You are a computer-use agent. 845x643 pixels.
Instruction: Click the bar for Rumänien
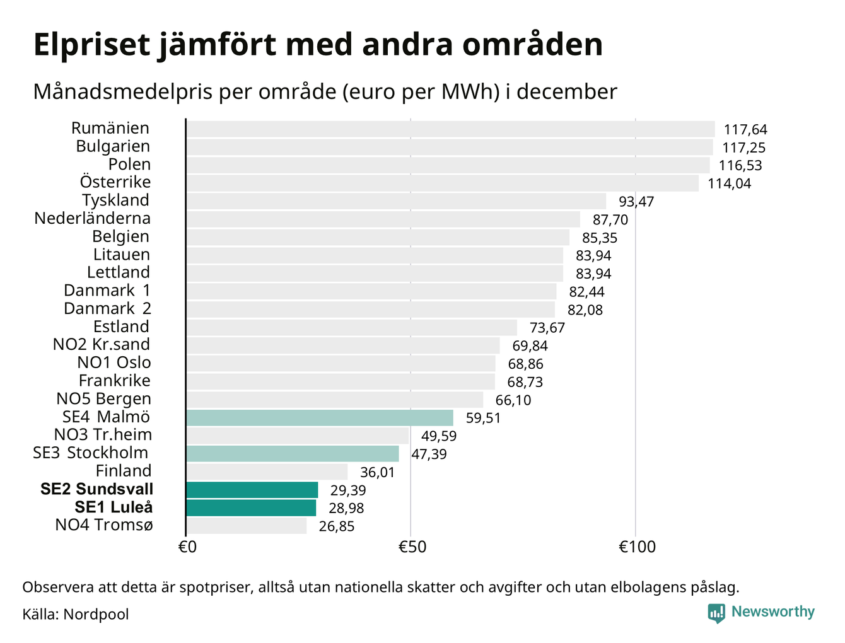pyautogui.click(x=450, y=129)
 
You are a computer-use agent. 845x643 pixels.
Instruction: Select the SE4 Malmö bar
pyautogui.click(x=320, y=418)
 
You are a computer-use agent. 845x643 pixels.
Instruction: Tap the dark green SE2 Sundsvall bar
pyautogui.click(x=252, y=490)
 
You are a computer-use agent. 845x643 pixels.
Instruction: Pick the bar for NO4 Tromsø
pyautogui.click(x=247, y=526)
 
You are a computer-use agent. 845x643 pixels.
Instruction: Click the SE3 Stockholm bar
pyautogui.click(x=293, y=454)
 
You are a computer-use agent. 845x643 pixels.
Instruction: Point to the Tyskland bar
pyautogui.click(x=396, y=201)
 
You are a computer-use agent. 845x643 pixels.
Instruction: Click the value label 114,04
pyautogui.click(x=730, y=184)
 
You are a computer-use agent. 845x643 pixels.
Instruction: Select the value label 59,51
pyautogui.click(x=483, y=419)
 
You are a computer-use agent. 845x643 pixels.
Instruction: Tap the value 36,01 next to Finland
pyautogui.click(x=377, y=472)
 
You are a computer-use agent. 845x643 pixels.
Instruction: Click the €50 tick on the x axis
pyautogui.click(x=412, y=547)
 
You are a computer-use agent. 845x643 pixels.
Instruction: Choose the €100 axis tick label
pyautogui.click(x=636, y=547)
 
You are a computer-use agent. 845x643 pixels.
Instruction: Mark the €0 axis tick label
pyautogui.click(x=187, y=547)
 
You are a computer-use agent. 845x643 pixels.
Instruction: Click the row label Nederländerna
pyautogui.click(x=93, y=219)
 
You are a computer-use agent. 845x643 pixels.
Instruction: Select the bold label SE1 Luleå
pyautogui.click(x=114, y=507)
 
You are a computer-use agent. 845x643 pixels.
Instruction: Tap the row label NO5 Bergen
pyautogui.click(x=104, y=399)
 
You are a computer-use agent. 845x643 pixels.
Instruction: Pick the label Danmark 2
pyautogui.click(x=107, y=309)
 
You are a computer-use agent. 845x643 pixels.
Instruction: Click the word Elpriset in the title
pyautogui.click(x=92, y=45)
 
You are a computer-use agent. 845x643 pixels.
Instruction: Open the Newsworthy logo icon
pyautogui.click(x=716, y=613)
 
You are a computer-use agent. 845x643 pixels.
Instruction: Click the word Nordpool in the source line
pyautogui.click(x=96, y=614)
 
